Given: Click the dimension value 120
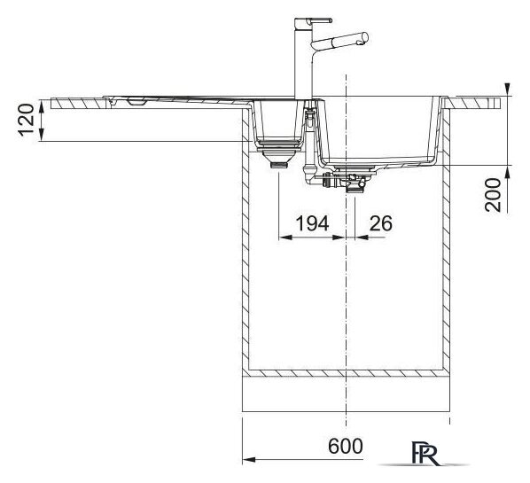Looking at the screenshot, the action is [x=27, y=120].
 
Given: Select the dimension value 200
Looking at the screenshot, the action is [x=493, y=195].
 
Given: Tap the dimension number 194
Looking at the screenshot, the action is [x=312, y=223].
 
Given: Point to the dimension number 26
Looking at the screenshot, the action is [x=381, y=223].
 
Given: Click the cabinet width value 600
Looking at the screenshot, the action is [x=346, y=446].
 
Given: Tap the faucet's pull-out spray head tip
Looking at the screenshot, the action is [x=364, y=37].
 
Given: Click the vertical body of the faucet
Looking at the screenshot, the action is [x=303, y=64].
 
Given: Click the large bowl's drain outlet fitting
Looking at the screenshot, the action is [x=355, y=183].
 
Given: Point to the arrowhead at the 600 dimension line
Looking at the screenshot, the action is [x=249, y=460].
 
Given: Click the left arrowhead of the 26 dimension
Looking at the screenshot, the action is [x=362, y=238].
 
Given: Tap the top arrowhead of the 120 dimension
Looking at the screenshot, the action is [x=42, y=106].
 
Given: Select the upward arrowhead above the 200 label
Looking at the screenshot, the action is [x=508, y=173].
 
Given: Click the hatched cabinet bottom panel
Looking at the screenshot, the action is [x=346, y=373].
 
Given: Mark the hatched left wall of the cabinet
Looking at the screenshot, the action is [x=246, y=240].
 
